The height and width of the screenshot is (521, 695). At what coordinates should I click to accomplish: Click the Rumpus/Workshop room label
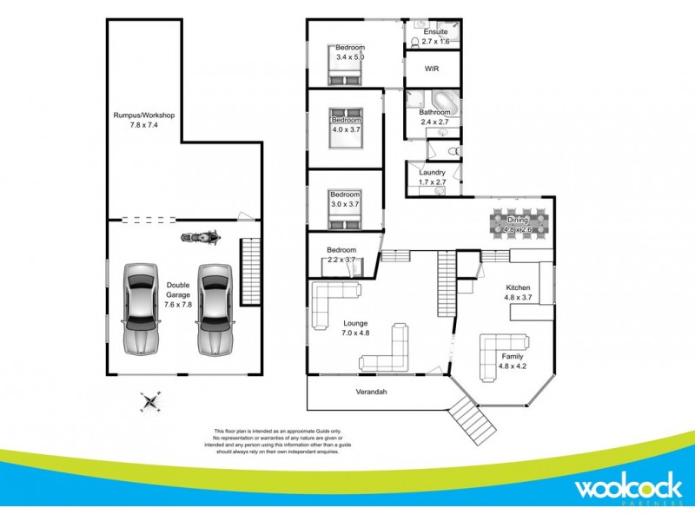(x=144, y=120)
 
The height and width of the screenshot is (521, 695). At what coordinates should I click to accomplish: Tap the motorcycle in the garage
(x=198, y=236)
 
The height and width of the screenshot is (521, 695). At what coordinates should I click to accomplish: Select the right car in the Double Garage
(x=214, y=309)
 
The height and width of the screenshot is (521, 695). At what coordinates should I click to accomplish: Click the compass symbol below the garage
(x=151, y=402)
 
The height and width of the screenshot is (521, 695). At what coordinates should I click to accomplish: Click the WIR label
(x=432, y=68)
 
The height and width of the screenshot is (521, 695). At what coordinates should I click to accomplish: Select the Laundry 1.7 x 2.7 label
(x=432, y=177)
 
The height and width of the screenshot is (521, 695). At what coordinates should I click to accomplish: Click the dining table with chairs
(x=519, y=225)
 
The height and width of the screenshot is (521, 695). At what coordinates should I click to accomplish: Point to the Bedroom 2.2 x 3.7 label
(x=341, y=254)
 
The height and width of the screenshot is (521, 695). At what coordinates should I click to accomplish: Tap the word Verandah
(x=371, y=392)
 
